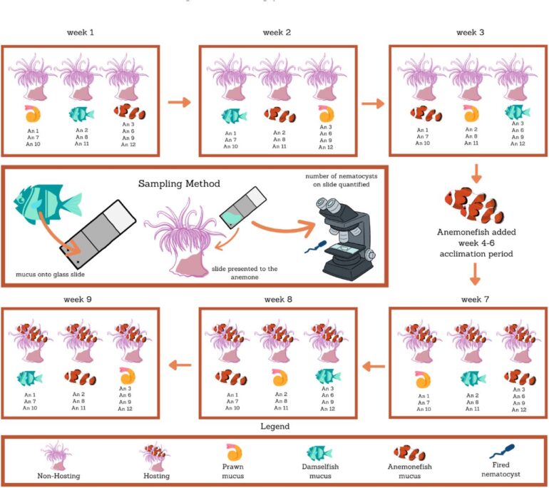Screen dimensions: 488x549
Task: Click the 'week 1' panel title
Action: [81, 33]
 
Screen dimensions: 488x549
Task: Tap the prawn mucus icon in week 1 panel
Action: [32, 113]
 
